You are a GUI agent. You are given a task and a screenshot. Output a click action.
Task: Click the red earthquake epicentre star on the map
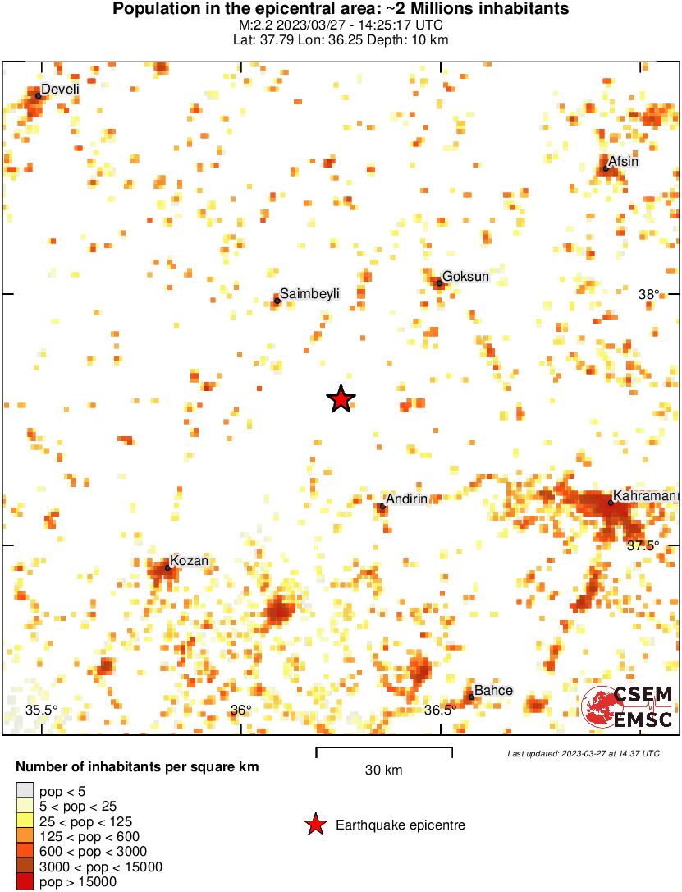coord(341,399)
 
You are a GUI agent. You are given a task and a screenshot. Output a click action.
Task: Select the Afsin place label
coord(623,162)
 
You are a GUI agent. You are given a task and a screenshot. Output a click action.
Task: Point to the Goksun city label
coord(465,277)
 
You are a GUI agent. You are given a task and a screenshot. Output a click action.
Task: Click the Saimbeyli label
coord(309,293)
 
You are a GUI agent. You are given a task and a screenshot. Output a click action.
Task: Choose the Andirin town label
coord(406,499)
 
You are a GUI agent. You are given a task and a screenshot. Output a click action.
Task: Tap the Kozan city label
coord(189,561)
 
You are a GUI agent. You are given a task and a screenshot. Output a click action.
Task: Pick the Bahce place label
coord(493,691)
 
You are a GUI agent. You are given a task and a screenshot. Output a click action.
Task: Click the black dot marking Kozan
coord(168,568)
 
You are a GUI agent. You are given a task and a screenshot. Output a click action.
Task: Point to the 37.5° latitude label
coord(643,546)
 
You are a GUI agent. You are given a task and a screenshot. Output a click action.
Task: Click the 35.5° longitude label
coord(41,710)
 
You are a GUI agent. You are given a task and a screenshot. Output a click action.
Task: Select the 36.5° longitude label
coord(440,710)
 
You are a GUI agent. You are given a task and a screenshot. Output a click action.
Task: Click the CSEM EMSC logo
coord(628,707)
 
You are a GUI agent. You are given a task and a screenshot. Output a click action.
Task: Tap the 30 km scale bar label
coord(383,770)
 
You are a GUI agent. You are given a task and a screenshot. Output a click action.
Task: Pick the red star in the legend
coord(315,825)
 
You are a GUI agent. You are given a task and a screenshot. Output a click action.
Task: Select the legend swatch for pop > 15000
coord(25,882)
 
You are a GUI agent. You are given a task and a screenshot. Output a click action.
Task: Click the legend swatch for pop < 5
coord(25,791)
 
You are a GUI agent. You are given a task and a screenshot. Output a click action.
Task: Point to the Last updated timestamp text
coord(583,753)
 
